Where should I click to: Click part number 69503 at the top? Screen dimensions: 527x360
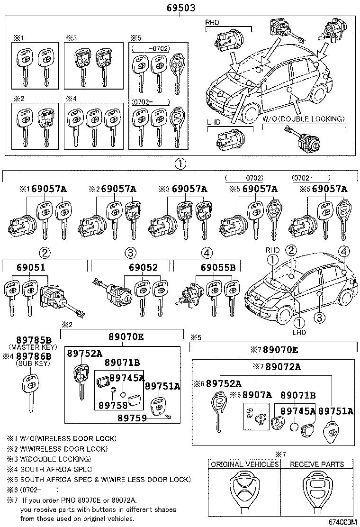click(180, 8)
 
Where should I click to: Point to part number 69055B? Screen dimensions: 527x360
click(218, 268)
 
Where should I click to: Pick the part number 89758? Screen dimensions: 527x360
click(113, 405)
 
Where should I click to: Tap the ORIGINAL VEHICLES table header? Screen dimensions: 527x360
click(244, 464)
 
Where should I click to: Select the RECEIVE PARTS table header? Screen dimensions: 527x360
click(317, 464)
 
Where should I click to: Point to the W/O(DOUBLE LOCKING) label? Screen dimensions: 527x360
click(303, 119)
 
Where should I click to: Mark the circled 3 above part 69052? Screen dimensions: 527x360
click(130, 252)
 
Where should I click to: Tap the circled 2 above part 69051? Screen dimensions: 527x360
click(45, 252)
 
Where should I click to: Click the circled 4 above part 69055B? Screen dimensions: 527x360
click(207, 252)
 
